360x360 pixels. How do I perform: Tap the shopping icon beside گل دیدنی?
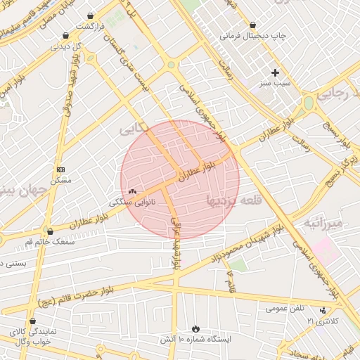65,35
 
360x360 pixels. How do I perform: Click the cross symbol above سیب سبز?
275,72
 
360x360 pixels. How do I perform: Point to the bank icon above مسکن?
60,169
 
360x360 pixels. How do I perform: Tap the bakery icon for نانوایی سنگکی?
132,191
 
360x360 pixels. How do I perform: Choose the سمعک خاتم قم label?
48,241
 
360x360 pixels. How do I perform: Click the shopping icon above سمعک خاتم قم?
49,231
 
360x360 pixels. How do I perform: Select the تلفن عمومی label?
285,308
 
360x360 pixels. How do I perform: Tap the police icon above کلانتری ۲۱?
323,310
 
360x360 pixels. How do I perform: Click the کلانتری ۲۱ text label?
322,321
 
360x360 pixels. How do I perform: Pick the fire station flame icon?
195,329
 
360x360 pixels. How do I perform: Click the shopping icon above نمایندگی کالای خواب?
32,321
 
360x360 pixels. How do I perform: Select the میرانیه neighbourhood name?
324,224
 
